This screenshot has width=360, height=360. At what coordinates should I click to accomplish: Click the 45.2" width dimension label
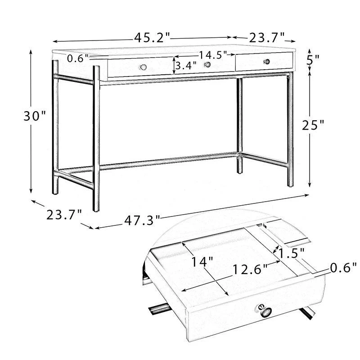point(152,38)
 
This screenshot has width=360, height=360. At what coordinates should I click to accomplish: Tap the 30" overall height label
point(35,116)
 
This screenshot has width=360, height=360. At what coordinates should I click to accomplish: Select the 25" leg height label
point(313,125)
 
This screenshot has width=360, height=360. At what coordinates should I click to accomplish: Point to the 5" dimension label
point(313,60)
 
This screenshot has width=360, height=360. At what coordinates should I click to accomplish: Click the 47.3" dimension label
point(142,220)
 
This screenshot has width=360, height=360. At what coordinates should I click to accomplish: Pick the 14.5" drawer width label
point(212,55)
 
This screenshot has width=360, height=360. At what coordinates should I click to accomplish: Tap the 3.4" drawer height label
point(186,66)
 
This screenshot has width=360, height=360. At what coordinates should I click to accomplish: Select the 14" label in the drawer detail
point(202,262)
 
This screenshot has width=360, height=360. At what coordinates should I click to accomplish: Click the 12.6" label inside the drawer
point(250,269)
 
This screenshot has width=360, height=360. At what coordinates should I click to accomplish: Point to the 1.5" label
point(291,253)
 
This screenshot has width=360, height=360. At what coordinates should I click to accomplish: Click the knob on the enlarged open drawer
point(265,311)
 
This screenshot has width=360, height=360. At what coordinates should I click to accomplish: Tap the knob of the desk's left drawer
point(143,67)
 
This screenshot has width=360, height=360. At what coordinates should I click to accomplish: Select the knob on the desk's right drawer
point(266,62)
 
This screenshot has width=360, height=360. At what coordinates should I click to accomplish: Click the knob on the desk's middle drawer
point(207,64)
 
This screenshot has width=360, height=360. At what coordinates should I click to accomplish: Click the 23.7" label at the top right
point(267,38)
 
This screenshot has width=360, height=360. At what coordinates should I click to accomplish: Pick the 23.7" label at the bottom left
point(64,215)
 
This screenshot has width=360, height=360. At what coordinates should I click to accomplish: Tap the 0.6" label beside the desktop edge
point(78,58)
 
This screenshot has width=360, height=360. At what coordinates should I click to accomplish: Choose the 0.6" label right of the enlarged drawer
point(343,268)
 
